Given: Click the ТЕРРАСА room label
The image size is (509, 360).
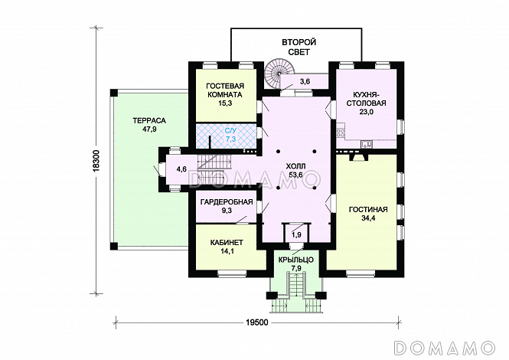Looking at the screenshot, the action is (x=149, y=120).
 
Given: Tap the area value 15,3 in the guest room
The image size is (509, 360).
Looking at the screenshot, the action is (x=225, y=103).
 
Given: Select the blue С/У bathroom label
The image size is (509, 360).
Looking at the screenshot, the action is (x=230, y=131).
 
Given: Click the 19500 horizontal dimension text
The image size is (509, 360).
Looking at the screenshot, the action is (x=256, y=322).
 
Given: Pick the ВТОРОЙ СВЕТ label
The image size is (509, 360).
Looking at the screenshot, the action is (x=299, y=47).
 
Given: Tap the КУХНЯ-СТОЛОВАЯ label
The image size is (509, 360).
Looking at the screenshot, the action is (x=366, y=99).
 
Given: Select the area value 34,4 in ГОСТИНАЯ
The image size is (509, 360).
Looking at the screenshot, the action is (x=368, y=218).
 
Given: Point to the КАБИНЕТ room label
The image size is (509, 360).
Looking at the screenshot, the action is (x=227, y=242).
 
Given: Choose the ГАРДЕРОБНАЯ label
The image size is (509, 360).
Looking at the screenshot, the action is (x=227, y=201).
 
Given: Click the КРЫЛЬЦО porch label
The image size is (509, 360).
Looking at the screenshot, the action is (x=296, y=260).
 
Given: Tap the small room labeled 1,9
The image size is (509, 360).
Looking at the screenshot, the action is (x=295, y=234).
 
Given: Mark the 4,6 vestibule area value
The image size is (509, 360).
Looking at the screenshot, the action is (x=181, y=169).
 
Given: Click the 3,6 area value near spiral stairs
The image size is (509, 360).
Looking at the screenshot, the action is (x=305, y=81).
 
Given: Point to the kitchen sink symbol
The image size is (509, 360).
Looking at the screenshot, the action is (x=367, y=144).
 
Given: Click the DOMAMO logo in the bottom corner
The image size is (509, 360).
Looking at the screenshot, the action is (x=444, y=347).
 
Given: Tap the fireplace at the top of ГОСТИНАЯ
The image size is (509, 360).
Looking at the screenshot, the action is (x=358, y=158).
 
